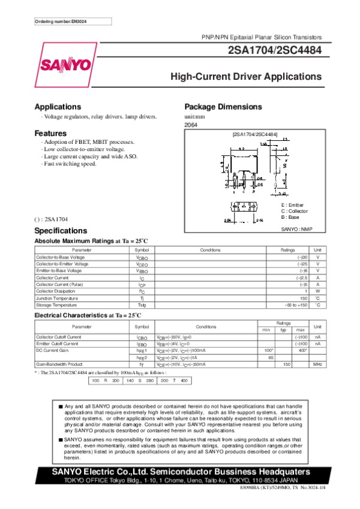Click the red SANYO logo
(66, 65)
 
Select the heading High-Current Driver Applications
(246, 77)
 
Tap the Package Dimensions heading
(223, 107)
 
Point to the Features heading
(50, 132)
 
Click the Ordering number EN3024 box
(65, 22)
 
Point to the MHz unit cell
(317, 364)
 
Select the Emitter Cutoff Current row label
(57, 344)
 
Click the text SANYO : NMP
(296, 229)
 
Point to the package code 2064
(191, 124)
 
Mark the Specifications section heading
(61, 231)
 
